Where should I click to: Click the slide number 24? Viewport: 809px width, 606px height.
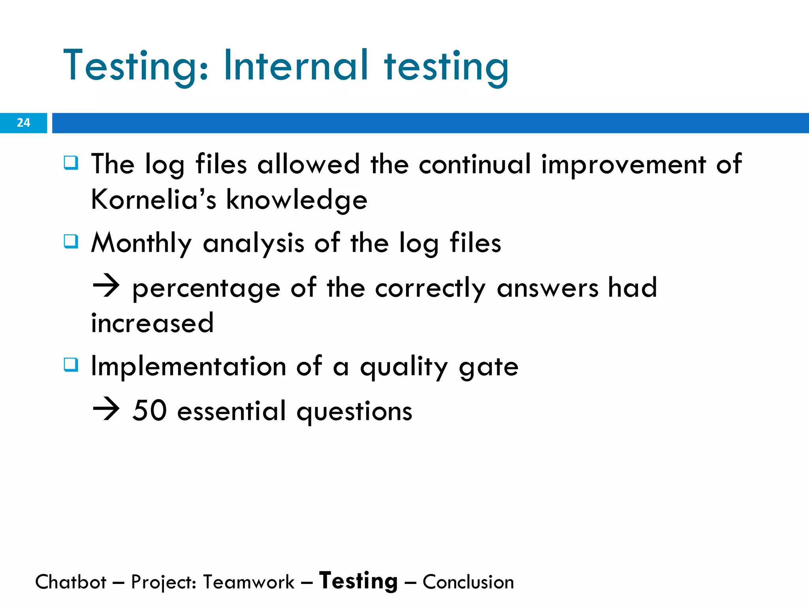click(23, 123)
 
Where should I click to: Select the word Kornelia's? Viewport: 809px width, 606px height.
click(153, 199)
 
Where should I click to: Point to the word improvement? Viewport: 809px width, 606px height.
click(623, 165)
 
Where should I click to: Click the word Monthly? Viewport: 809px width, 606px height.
click(141, 243)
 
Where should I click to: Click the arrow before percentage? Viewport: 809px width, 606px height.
click(106, 286)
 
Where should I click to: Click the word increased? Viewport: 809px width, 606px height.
click(152, 323)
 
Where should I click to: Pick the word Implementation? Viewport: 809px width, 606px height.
click(188, 367)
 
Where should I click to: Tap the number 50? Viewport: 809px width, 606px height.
click(149, 411)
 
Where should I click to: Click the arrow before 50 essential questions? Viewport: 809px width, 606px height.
click(106, 410)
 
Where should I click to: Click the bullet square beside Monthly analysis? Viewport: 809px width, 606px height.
click(71, 241)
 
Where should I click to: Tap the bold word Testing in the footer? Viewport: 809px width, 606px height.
click(358, 581)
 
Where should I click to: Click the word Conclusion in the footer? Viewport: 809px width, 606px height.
click(468, 582)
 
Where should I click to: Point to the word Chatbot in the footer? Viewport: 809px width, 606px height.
click(71, 582)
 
